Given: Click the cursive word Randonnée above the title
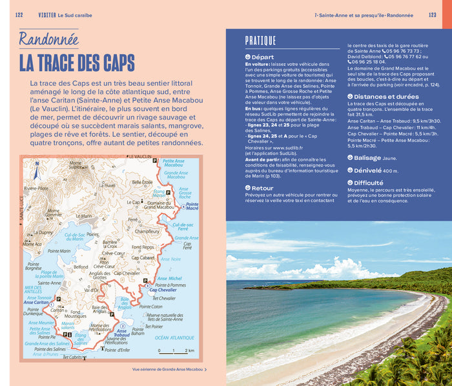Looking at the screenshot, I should [48, 39].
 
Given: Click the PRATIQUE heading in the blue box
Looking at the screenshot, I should [260, 41].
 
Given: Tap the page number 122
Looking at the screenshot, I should [19, 15].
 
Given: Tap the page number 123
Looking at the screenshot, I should [431, 15].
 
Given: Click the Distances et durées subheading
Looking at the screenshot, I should [386, 96].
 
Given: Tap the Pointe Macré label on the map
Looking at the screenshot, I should [192, 207].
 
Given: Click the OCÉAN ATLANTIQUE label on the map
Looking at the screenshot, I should [174, 338].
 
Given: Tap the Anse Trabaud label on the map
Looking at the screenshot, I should [121, 333].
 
